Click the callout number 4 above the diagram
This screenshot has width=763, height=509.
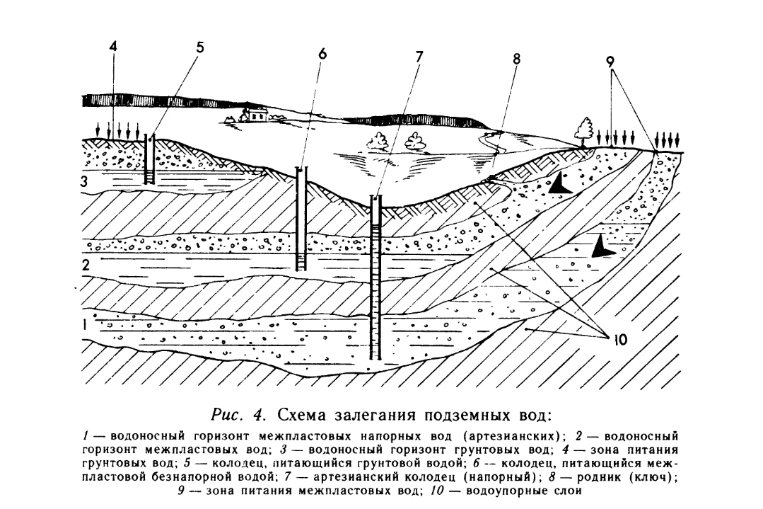[113, 47]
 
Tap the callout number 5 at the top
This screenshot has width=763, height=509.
[200, 47]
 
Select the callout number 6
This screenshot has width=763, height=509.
[322, 53]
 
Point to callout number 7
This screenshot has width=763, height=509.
[419, 57]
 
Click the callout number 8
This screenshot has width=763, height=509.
[516, 59]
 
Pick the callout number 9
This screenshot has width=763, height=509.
[610, 62]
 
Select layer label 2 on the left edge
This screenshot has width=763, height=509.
[86, 266]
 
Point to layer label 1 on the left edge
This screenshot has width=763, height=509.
[84, 324]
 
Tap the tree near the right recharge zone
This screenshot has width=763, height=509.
[583, 132]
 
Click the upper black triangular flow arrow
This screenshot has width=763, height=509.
[561, 184]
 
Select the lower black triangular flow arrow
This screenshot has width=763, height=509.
[602, 247]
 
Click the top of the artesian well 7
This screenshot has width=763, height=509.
[375, 197]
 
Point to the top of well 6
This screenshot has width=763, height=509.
[302, 169]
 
